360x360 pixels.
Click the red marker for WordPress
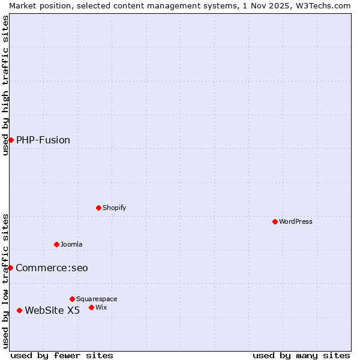[x=275, y=221]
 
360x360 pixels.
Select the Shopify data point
[x=98, y=208]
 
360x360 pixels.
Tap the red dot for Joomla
[x=56, y=244]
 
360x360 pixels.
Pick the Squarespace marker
[x=72, y=299]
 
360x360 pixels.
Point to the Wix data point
[x=91, y=307]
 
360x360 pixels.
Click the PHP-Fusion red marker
[x=11, y=140]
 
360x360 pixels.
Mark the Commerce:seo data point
[x=10, y=268]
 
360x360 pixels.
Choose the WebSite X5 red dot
[x=19, y=310]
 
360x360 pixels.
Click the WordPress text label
[x=296, y=221]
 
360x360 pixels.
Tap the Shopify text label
[x=114, y=208]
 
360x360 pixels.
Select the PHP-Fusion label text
[x=43, y=140]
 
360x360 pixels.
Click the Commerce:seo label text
[x=52, y=268]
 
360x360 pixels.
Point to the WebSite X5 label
[x=52, y=310]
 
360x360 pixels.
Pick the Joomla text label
[x=71, y=244]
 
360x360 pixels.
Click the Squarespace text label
[x=97, y=299]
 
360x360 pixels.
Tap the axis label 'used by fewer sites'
[x=62, y=355]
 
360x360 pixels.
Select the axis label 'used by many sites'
[x=301, y=355]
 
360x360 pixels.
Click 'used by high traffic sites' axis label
[x=5, y=85]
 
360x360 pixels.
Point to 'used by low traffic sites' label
[x=5, y=281]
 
